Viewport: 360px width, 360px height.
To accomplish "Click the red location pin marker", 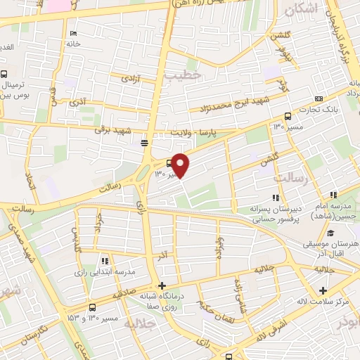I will tap(181, 165).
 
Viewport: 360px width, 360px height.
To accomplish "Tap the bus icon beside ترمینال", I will tap(4, 75).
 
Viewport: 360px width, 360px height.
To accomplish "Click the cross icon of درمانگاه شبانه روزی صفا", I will tap(162, 285).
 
